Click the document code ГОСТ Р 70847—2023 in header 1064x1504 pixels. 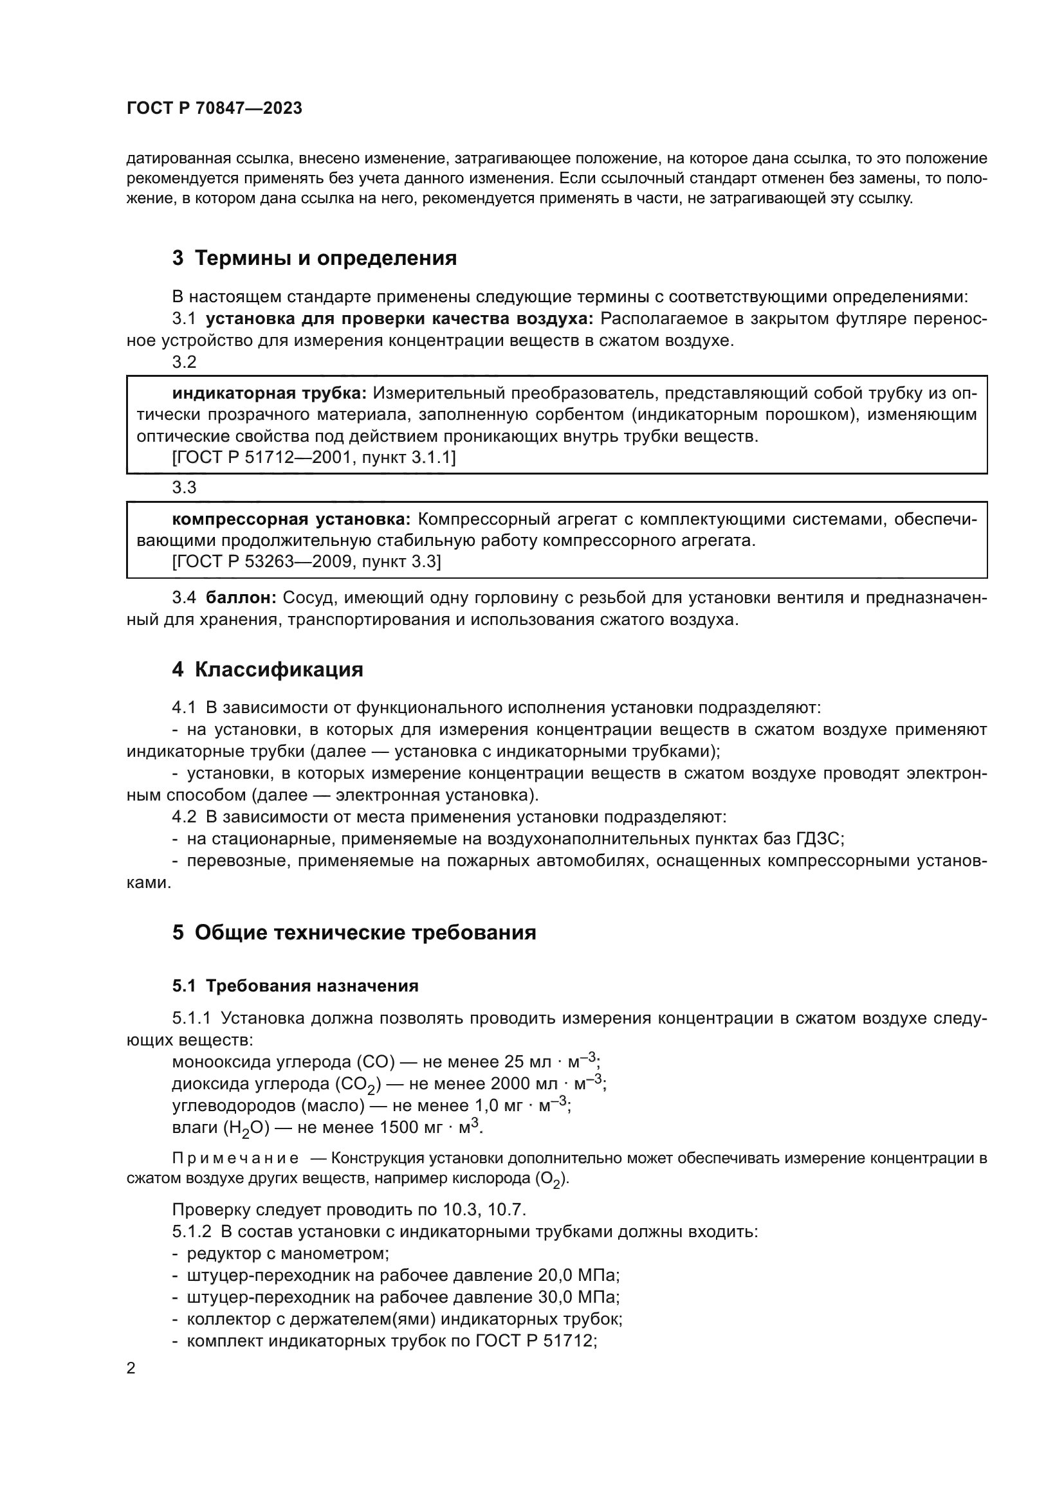pos(214,109)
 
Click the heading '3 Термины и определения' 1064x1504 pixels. pos(314,258)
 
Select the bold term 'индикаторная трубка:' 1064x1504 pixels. pos(270,393)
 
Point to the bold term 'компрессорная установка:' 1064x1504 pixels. pos(291,520)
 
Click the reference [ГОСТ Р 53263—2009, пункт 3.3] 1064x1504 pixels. pos(306,562)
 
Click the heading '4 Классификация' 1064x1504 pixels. pos(268,669)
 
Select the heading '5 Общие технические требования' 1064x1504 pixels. pos(354,932)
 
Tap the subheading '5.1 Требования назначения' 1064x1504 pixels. pos(295,986)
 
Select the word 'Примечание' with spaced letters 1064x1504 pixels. pos(235,1158)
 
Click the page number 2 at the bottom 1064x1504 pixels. pos(131,1368)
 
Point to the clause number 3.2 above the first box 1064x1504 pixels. pos(184,362)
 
